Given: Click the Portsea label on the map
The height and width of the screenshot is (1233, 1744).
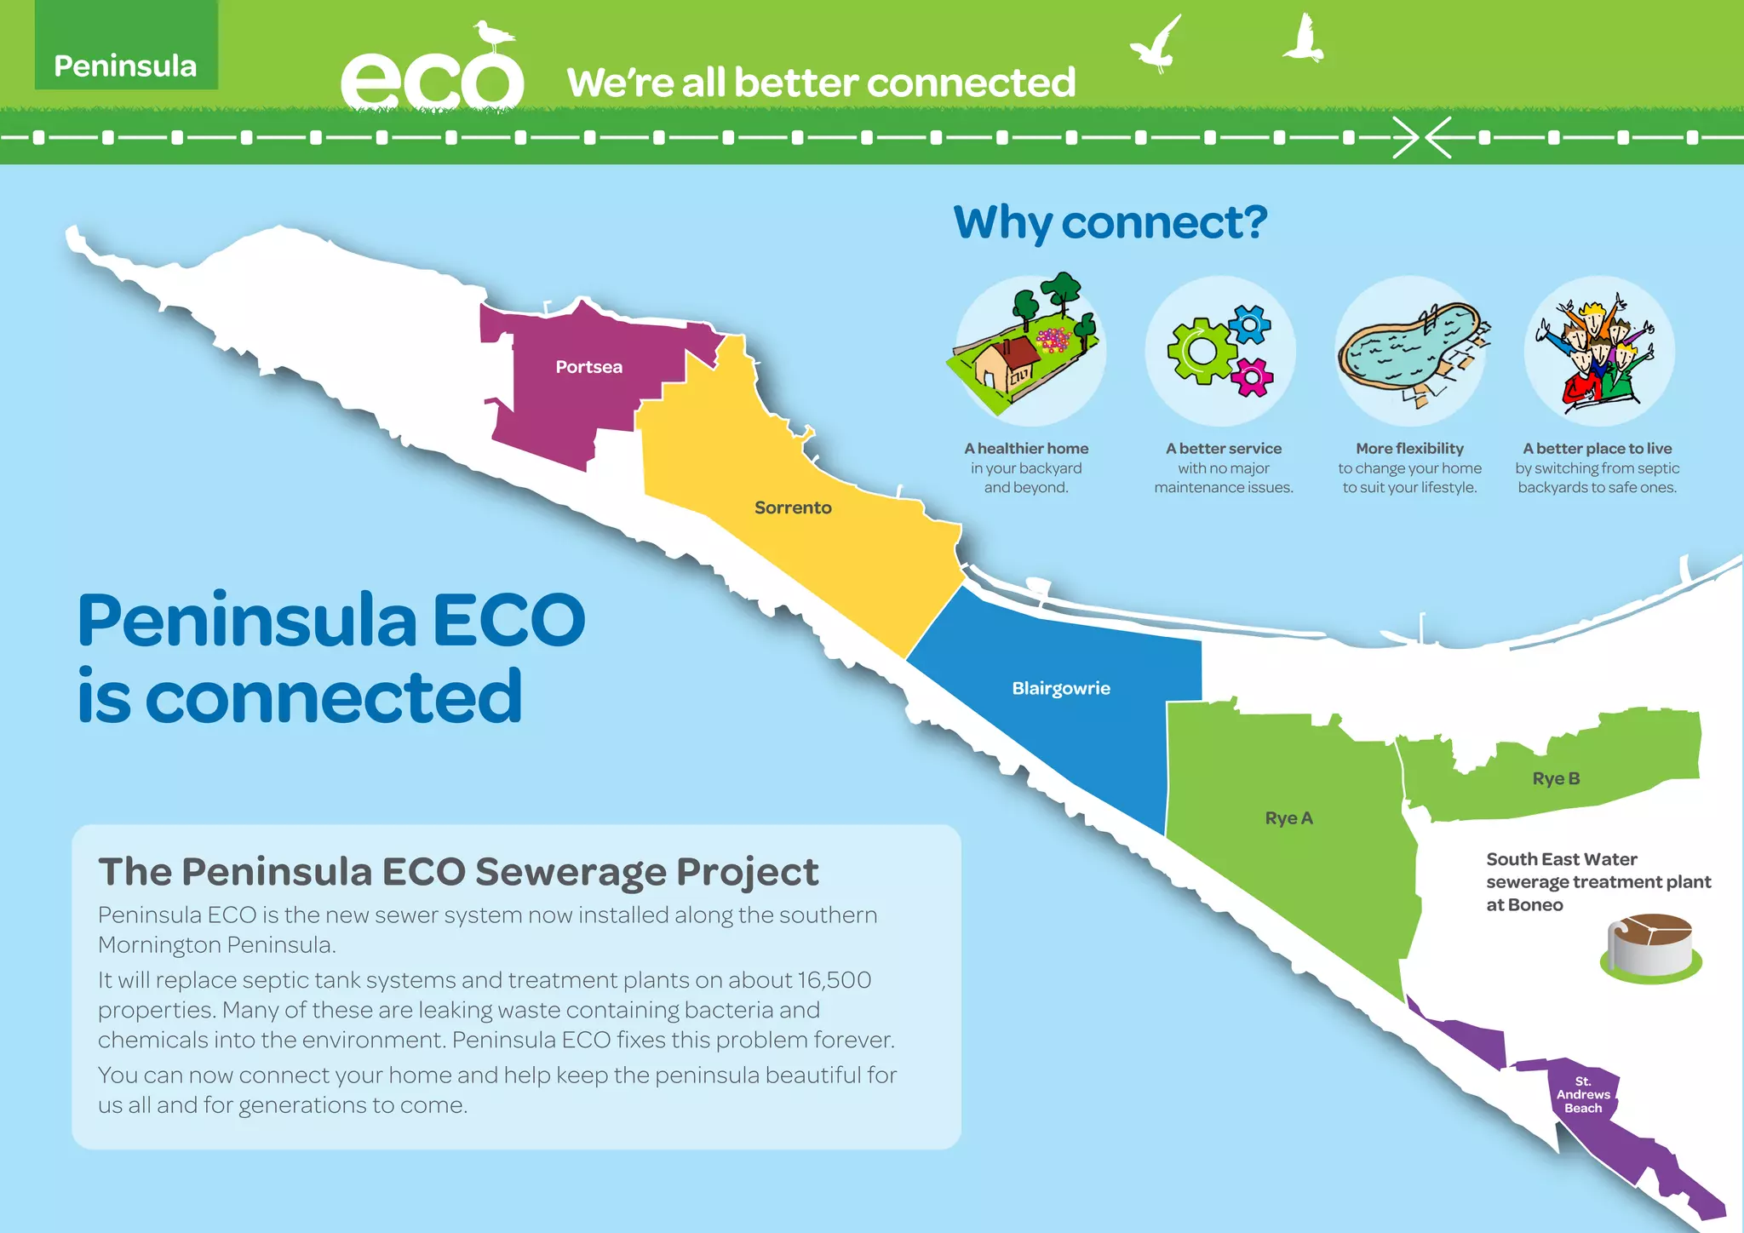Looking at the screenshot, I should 588,367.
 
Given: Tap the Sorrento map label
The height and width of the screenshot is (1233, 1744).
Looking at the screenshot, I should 793,508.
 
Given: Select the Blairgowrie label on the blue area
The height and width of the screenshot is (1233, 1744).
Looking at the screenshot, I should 1060,688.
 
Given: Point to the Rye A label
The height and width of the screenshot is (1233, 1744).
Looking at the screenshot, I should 1288,818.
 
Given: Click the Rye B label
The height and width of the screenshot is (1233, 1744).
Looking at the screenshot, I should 1556,778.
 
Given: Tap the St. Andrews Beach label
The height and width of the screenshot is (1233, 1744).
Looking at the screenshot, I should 1583,1095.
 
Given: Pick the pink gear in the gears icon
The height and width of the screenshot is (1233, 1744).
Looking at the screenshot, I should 1253,377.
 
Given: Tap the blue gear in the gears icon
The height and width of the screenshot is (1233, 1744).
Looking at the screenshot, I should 1249,324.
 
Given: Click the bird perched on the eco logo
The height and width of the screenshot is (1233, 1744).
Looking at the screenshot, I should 494,37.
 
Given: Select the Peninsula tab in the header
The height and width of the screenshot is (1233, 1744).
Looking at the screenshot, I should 125,66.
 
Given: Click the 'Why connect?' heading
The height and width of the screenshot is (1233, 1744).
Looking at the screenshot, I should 1110,223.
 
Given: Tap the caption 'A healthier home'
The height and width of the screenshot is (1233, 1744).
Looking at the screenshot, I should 1026,449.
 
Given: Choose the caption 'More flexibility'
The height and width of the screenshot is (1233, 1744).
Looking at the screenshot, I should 1409,449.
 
